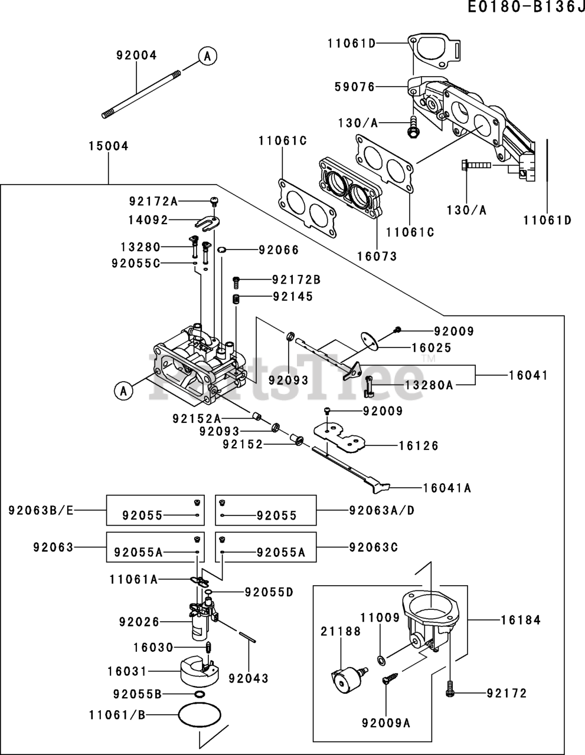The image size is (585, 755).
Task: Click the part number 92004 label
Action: coord(136,55)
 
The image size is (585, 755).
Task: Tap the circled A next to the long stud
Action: coord(207,56)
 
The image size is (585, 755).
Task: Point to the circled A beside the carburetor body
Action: coord(123,390)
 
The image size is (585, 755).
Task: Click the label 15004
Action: coord(108,146)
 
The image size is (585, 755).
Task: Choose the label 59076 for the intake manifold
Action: coord(355,87)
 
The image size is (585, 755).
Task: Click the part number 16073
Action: coord(377,256)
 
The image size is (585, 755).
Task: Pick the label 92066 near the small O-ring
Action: coord(279,250)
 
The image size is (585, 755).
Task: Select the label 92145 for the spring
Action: coord(293,297)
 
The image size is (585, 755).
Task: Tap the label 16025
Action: coord(431,349)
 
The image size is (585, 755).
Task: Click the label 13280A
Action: coord(429,385)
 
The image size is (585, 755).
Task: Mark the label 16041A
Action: coord(446,488)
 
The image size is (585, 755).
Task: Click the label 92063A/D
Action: coord(381,510)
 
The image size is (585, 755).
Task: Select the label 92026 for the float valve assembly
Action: coord(139,621)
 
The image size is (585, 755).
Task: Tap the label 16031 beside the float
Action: coord(128,671)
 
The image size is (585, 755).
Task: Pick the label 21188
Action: coord(341,632)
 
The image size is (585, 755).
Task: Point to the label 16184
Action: coord(521,620)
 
